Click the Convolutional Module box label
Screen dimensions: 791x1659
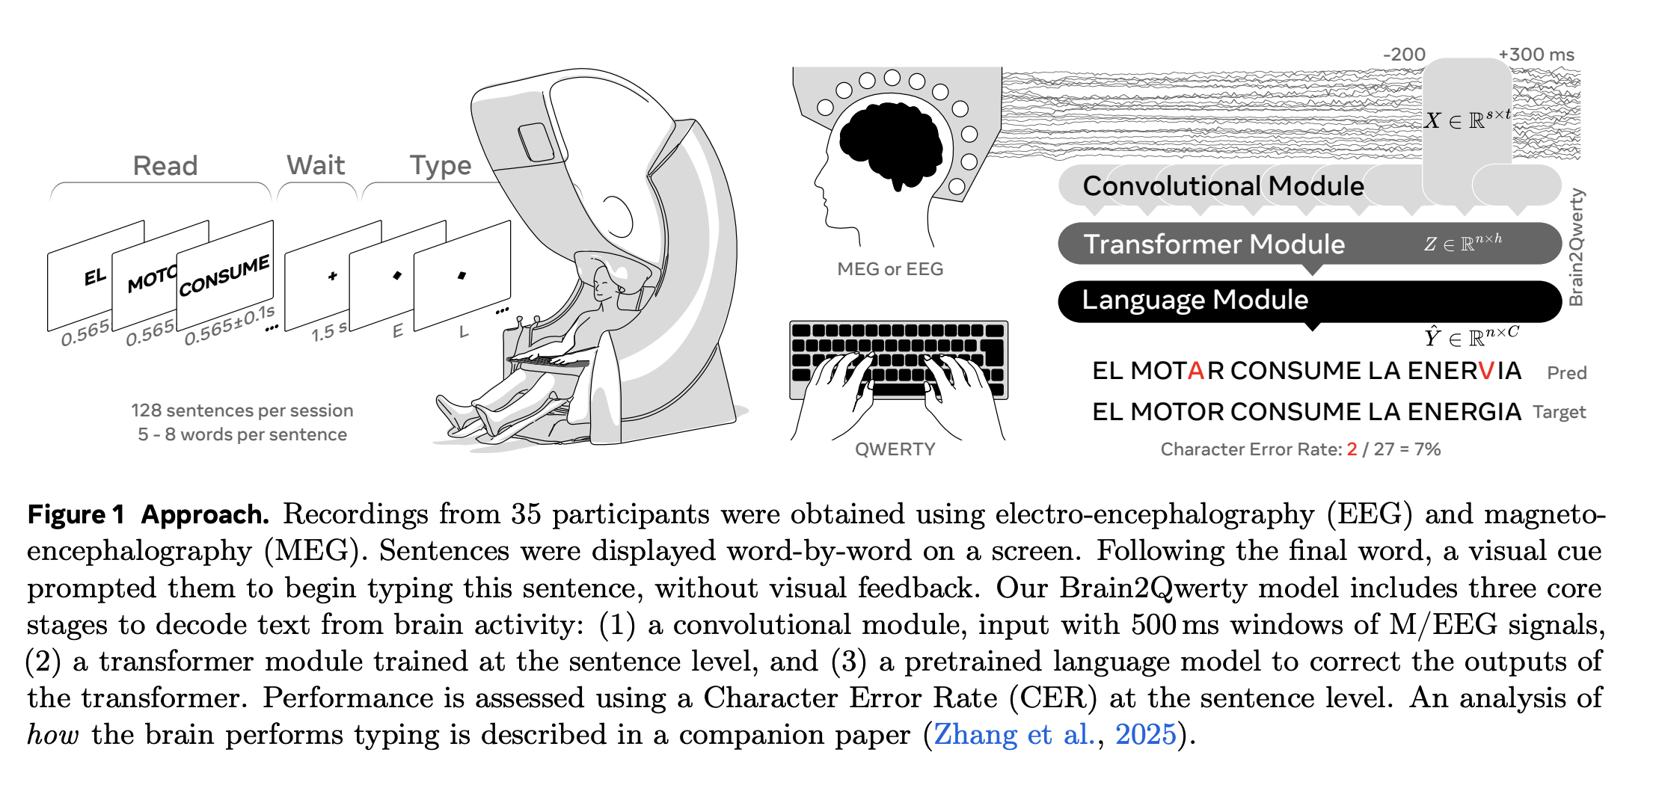(1223, 186)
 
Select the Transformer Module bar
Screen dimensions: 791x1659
(1213, 244)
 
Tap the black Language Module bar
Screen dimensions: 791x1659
(1195, 301)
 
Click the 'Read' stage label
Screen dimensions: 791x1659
(165, 166)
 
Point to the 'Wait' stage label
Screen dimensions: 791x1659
(316, 165)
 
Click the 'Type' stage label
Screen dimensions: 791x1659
(441, 166)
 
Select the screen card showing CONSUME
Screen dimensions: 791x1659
(225, 273)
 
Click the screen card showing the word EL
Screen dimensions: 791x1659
(82, 280)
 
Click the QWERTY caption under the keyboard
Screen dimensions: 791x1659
(895, 449)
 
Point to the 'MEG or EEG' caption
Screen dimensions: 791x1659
(890, 269)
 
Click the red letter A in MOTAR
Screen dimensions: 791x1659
(1196, 371)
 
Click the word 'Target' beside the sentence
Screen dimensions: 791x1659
(1559, 412)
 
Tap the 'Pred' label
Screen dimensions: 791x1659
(1566, 373)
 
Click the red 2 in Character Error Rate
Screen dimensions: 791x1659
(1352, 449)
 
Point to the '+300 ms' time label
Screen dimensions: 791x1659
(1536, 55)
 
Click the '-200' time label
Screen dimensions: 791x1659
(1404, 55)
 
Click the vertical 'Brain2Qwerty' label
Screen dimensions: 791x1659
(1576, 247)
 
